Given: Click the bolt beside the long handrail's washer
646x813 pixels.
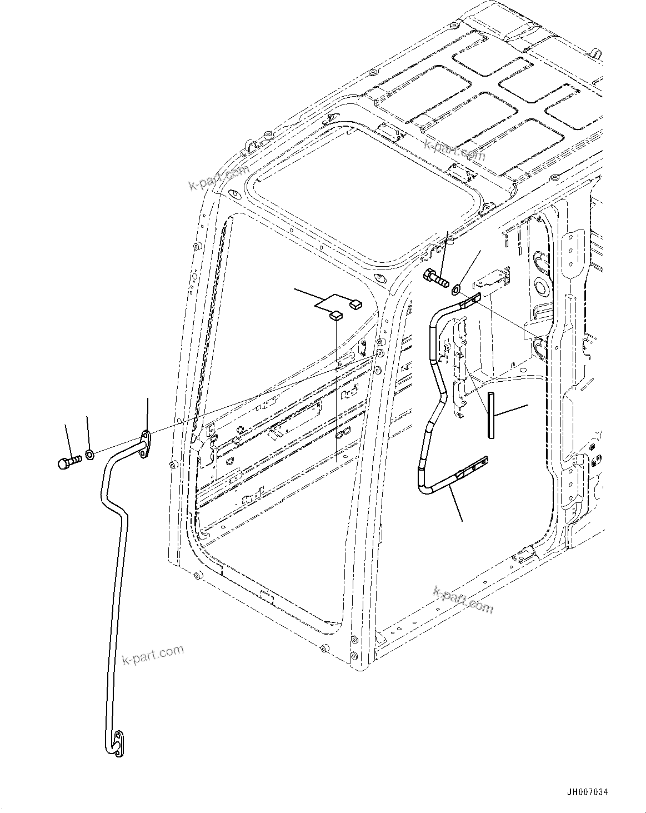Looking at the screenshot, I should click(x=69, y=461).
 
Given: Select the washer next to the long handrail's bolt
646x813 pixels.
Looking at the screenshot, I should click(x=90, y=455).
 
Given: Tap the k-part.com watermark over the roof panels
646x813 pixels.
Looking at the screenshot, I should click(x=454, y=148).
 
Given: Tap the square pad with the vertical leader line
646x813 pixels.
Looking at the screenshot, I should click(x=336, y=316).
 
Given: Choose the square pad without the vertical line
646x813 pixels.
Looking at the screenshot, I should click(x=355, y=303).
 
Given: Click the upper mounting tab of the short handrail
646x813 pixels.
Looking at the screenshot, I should click(x=469, y=301).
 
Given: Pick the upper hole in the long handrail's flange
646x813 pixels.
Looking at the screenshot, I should click(x=145, y=435).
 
